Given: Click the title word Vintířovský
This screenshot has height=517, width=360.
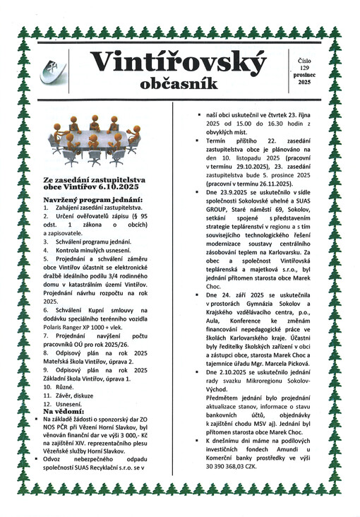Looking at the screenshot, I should tap(179, 63).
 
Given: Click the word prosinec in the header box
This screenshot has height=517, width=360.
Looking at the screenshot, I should tap(304, 74).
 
